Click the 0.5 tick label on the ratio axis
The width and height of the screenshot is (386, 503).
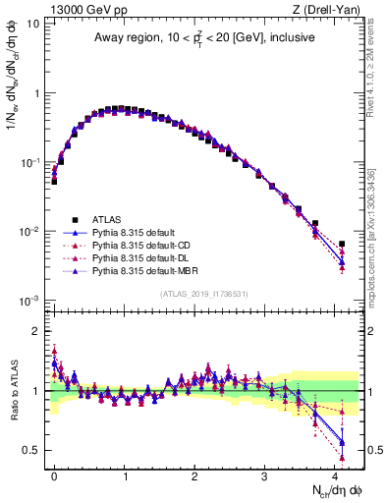tap(30, 450)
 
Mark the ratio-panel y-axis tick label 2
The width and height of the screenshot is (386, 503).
tap(36, 330)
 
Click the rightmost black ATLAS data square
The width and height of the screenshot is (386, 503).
tap(342, 244)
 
